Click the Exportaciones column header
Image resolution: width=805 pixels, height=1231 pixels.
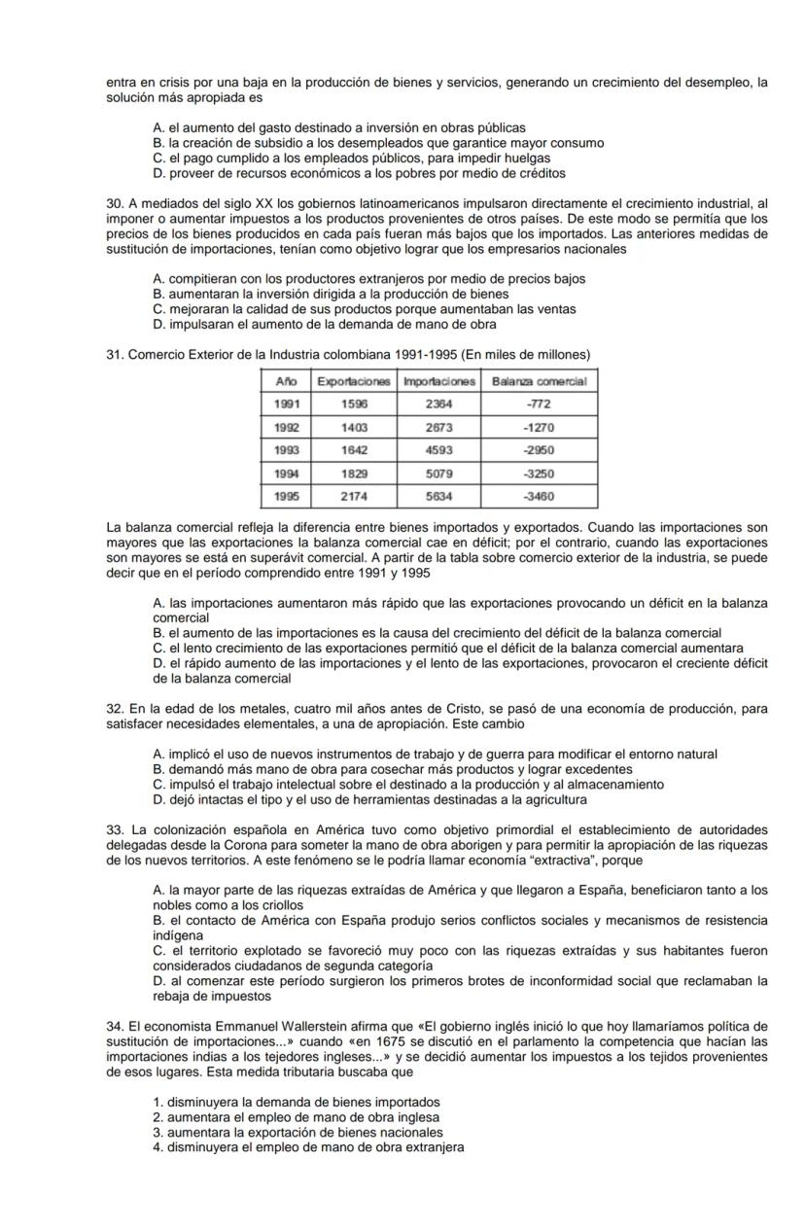pyautogui.click(x=354, y=381)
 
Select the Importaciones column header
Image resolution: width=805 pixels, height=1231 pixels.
pyautogui.click(x=437, y=381)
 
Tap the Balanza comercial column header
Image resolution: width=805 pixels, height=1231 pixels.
pyautogui.click(x=539, y=381)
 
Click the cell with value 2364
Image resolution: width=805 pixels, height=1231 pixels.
pyautogui.click(x=437, y=404)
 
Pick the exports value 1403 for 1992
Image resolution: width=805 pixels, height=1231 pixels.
pyautogui.click(x=354, y=427)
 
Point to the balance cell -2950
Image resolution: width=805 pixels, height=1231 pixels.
pyautogui.click(x=539, y=450)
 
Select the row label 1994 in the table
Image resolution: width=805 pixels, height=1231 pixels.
pyautogui.click(x=286, y=473)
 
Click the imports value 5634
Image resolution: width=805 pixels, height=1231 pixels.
pyautogui.click(x=437, y=496)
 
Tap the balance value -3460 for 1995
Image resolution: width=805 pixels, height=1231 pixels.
pyautogui.click(x=539, y=496)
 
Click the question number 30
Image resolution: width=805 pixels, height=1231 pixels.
pyautogui.click(x=115, y=203)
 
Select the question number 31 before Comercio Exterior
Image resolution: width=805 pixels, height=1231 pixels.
pyautogui.click(x=115, y=354)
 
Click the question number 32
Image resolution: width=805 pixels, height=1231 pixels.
pyautogui.click(x=115, y=709)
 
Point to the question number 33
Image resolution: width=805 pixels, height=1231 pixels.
pyautogui.click(x=115, y=829)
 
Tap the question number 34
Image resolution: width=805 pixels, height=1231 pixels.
pyautogui.click(x=115, y=1026)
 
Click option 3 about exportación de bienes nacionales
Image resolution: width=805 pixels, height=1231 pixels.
pyautogui.click(x=297, y=1132)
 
